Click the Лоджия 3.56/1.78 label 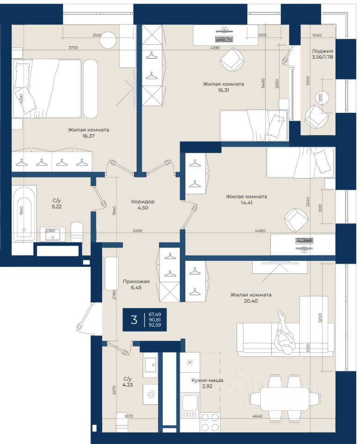click(x=323, y=54)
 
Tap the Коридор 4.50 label click(x=143, y=204)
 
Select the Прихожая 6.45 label click(x=136, y=284)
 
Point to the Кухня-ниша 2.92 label click(x=207, y=383)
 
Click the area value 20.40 click(x=251, y=301)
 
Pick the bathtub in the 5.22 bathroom click(x=24, y=213)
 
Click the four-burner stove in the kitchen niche click(x=210, y=422)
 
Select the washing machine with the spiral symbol click(x=150, y=394)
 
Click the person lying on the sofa click(x=285, y=332)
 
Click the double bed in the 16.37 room click(x=47, y=88)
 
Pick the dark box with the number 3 click(x=144, y=320)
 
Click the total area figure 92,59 click(x=155, y=325)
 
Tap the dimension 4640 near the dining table click(x=257, y=416)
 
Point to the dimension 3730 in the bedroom click(x=73, y=48)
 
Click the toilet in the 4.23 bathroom click(x=123, y=422)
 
